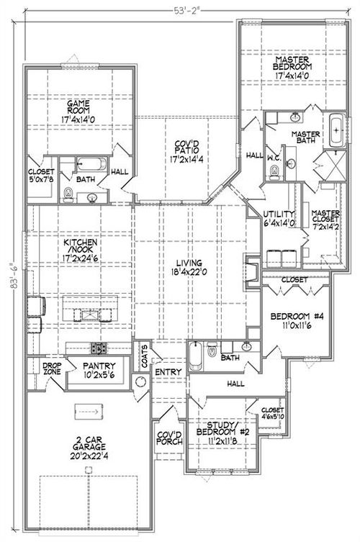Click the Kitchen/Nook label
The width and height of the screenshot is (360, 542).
[78, 253]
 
